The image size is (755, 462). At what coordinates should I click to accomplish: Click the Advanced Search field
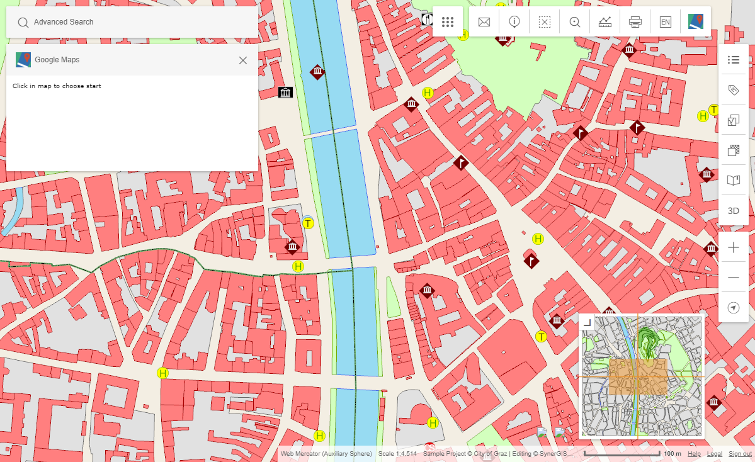coord(132,22)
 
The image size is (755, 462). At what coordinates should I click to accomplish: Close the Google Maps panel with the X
coord(243,60)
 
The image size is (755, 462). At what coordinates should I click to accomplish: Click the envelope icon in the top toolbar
coord(484,22)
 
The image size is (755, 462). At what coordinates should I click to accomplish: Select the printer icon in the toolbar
coord(635,22)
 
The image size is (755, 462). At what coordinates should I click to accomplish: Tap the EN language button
coord(666,22)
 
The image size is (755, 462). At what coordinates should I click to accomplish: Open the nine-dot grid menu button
coord(448,22)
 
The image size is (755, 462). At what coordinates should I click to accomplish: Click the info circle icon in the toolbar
coord(514,22)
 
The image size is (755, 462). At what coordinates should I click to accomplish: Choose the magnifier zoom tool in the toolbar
coord(575,22)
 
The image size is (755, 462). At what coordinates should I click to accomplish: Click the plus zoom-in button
coord(734,248)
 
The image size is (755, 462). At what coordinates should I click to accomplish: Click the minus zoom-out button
coord(734,278)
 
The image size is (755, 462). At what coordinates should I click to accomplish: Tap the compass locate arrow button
coord(734,308)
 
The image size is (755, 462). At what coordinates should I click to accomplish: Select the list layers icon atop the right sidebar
coord(734,60)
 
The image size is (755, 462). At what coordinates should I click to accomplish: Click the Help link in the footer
coord(694,454)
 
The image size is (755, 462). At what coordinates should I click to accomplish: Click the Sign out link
coord(740,454)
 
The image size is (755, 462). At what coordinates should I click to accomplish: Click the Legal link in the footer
coord(715,454)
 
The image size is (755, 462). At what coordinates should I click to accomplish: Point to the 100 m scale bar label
coord(673,454)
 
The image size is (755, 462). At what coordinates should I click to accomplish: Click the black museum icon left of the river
coord(286,93)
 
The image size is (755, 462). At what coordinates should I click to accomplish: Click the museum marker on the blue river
coord(318,72)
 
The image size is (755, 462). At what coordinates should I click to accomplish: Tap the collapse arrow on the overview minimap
coord(587,322)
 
